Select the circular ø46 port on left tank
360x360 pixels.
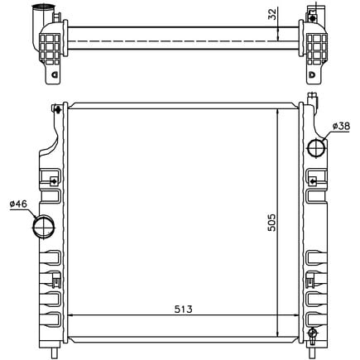tap(44, 224)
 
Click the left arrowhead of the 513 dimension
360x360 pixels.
tap(70, 315)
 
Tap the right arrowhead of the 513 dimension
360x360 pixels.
tap(295, 315)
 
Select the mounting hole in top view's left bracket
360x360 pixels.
tap(55, 76)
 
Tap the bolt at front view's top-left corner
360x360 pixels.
tap(55, 108)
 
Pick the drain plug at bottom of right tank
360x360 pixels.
tap(313, 335)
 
